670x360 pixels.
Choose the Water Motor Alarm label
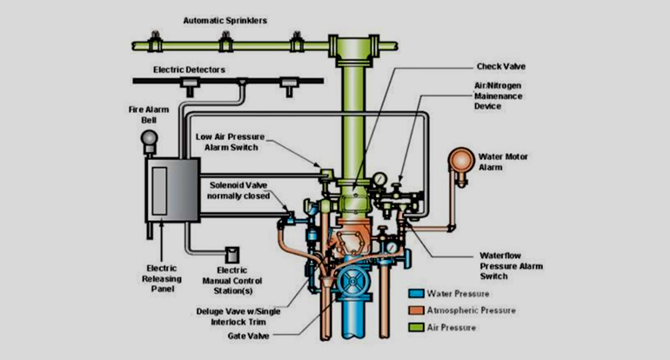click(x=502, y=163)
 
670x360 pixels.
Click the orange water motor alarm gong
click(x=459, y=161)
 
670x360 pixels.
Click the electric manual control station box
click(x=232, y=253)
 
